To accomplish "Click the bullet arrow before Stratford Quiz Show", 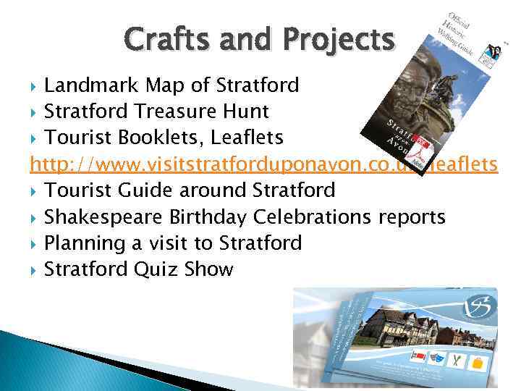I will point(35,270).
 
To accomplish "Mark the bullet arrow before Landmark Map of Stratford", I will point(35,86).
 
